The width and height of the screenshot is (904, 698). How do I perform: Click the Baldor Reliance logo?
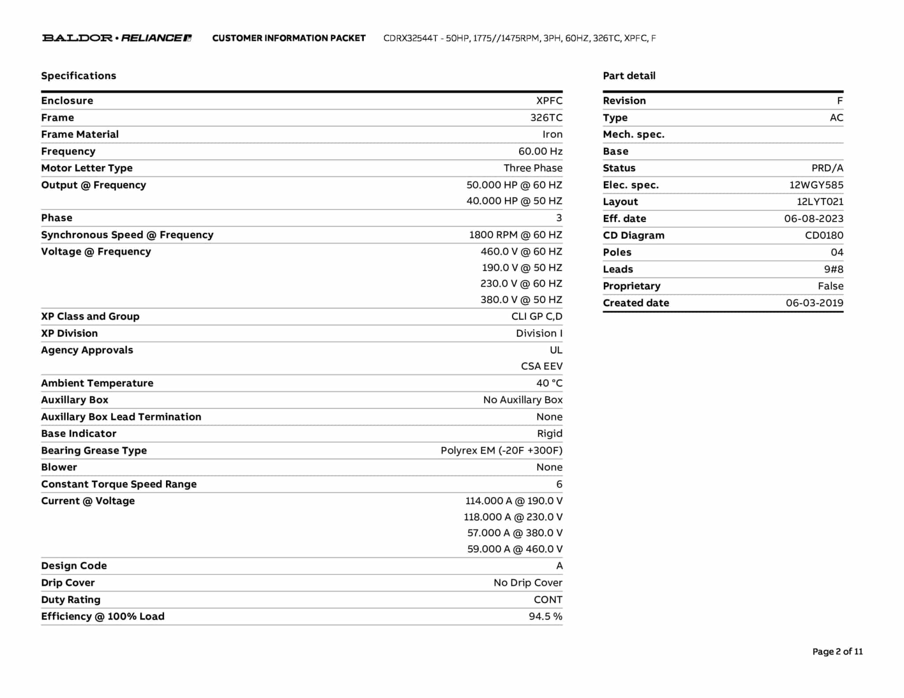117,38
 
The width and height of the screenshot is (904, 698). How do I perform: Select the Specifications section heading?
79,76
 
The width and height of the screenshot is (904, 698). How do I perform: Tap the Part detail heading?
629,76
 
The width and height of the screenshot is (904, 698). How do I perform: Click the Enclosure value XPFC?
549,101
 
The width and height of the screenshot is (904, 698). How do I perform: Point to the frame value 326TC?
546,118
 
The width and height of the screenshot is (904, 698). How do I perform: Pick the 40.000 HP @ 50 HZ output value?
514,201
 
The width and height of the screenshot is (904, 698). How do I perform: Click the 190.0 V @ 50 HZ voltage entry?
522,268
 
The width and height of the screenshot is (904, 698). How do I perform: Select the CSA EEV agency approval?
542,366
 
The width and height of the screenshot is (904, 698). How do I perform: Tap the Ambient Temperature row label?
97,383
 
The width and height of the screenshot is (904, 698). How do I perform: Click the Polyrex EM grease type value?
501,450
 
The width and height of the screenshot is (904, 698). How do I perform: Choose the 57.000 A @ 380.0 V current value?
515,533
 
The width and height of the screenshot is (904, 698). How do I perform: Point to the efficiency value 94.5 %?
546,616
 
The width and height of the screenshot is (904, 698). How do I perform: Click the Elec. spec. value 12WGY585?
816,185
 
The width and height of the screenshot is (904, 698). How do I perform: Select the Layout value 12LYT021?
820,202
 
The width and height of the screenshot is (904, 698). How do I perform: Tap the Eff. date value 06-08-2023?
814,219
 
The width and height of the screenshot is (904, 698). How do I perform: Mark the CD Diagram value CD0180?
824,236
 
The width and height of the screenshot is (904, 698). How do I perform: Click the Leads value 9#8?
833,269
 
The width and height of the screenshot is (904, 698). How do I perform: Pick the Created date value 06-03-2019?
814,303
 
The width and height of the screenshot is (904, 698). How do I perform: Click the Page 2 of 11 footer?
837,652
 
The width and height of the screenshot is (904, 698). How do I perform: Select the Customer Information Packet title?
289,38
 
